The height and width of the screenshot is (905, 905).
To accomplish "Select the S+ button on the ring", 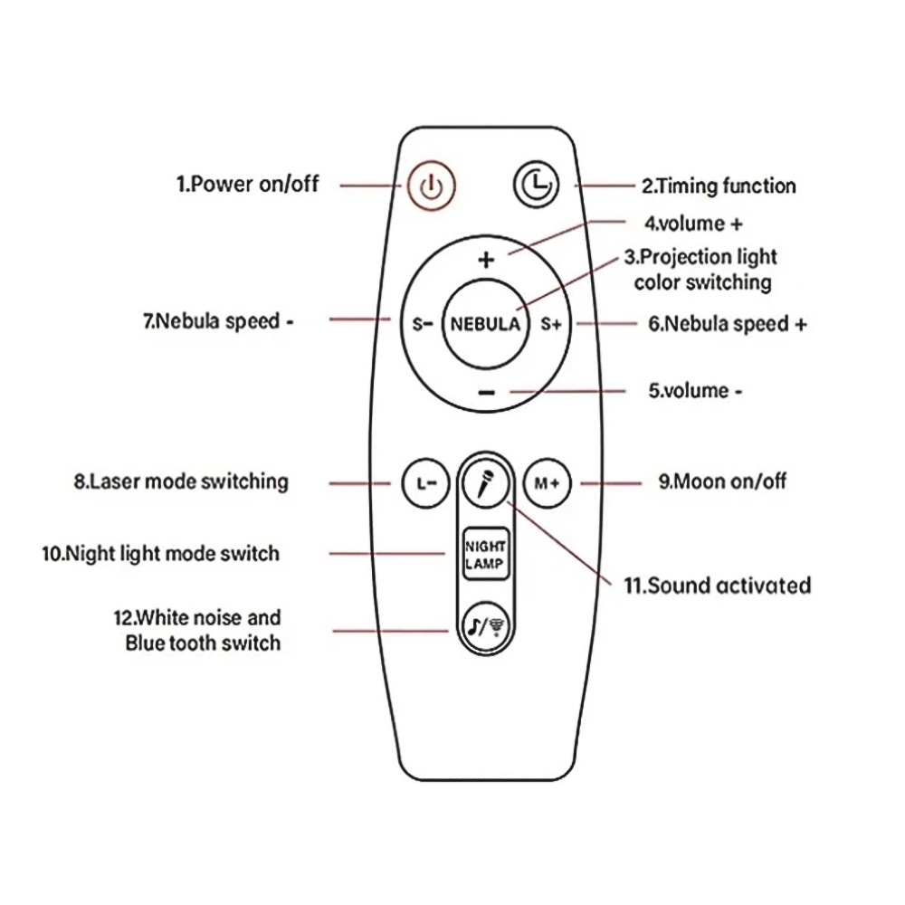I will click(551, 324).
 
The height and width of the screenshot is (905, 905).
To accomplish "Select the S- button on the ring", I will click(422, 324).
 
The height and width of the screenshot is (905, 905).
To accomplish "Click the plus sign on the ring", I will click(486, 261).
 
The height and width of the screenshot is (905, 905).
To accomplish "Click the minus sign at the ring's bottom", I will click(486, 392).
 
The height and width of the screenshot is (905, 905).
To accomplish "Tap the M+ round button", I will click(548, 483).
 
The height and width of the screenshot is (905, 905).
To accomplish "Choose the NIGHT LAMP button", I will click(485, 554).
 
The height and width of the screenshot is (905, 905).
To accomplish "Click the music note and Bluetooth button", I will click(485, 624).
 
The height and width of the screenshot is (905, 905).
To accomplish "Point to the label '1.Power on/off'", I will click(247, 185).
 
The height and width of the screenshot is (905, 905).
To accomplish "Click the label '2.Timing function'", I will click(719, 186).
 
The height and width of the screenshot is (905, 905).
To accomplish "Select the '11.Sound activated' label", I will click(717, 586).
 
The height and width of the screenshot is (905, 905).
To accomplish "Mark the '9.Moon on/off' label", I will click(722, 481).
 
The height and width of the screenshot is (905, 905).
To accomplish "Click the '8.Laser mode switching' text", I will click(181, 481).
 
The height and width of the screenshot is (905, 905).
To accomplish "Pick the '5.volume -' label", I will click(695, 391).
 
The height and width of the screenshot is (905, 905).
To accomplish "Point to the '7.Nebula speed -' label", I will click(218, 321).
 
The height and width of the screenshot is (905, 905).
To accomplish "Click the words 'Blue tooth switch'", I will click(203, 643).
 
